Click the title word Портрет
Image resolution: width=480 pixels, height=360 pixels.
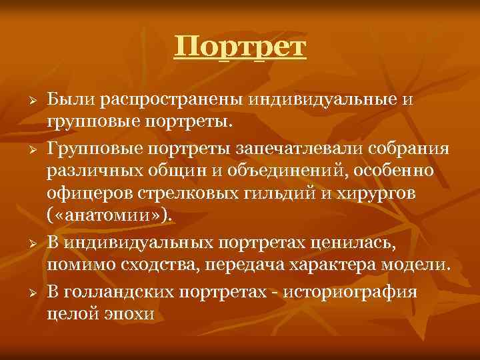(x=240, y=47)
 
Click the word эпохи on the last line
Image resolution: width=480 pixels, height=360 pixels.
(x=129, y=313)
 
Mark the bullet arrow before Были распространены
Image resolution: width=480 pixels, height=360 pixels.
(x=22, y=100)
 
